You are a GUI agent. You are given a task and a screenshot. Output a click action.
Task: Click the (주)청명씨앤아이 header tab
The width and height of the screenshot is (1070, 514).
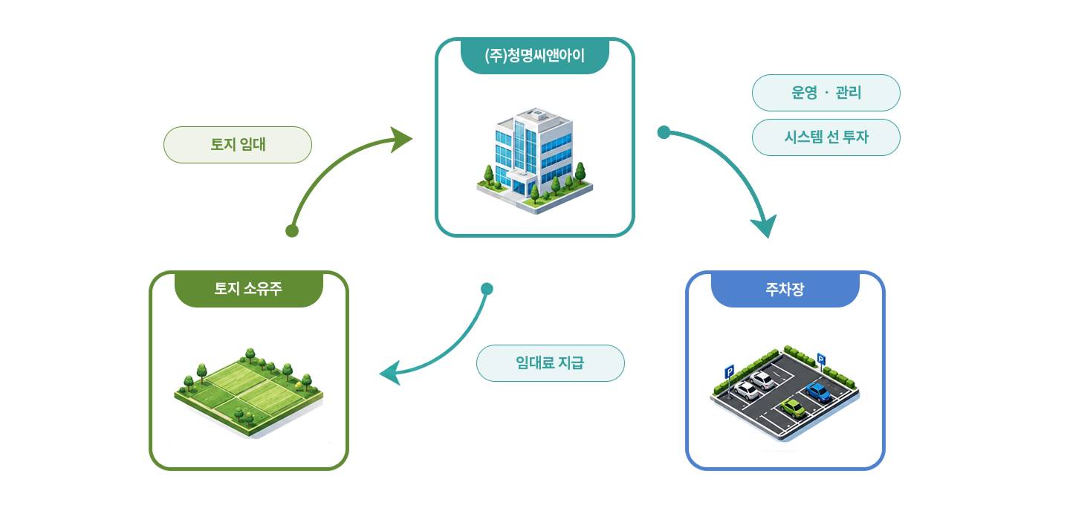[x=534, y=56]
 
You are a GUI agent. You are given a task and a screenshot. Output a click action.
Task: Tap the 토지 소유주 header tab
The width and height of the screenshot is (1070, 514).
[x=248, y=289]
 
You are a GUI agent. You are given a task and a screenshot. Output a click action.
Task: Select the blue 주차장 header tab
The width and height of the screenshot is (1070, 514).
[x=785, y=289]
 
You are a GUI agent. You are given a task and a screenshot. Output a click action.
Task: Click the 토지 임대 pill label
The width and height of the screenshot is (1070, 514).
[x=238, y=145]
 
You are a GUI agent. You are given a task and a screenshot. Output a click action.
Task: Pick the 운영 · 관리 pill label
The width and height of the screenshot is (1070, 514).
[x=826, y=93]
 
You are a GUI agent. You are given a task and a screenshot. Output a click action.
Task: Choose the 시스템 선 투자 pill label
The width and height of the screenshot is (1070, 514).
[x=826, y=137]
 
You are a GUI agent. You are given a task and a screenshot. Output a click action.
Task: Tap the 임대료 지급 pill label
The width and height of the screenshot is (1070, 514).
[x=551, y=363]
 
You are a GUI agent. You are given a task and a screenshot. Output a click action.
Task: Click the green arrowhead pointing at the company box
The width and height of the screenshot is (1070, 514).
[x=401, y=140]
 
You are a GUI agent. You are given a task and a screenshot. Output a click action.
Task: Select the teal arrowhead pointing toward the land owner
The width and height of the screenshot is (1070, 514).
[x=391, y=373]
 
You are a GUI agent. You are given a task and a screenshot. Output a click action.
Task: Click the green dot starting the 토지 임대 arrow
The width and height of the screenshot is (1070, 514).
[x=292, y=231]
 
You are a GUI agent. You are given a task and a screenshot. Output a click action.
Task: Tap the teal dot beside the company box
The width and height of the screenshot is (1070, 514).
[x=664, y=132]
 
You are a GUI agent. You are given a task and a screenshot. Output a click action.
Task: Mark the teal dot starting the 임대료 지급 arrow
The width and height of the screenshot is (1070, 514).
[x=487, y=288]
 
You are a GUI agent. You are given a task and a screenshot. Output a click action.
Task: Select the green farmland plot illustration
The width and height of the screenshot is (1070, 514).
[x=248, y=391]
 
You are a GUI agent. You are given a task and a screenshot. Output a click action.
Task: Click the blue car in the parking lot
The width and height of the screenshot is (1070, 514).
[x=818, y=391]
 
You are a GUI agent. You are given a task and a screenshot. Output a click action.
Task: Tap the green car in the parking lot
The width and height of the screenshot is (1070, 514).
[x=793, y=409]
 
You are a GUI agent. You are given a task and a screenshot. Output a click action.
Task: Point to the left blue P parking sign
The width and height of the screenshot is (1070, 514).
[x=730, y=372]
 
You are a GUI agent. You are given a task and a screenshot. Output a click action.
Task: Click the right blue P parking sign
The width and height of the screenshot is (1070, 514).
[x=820, y=359]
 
